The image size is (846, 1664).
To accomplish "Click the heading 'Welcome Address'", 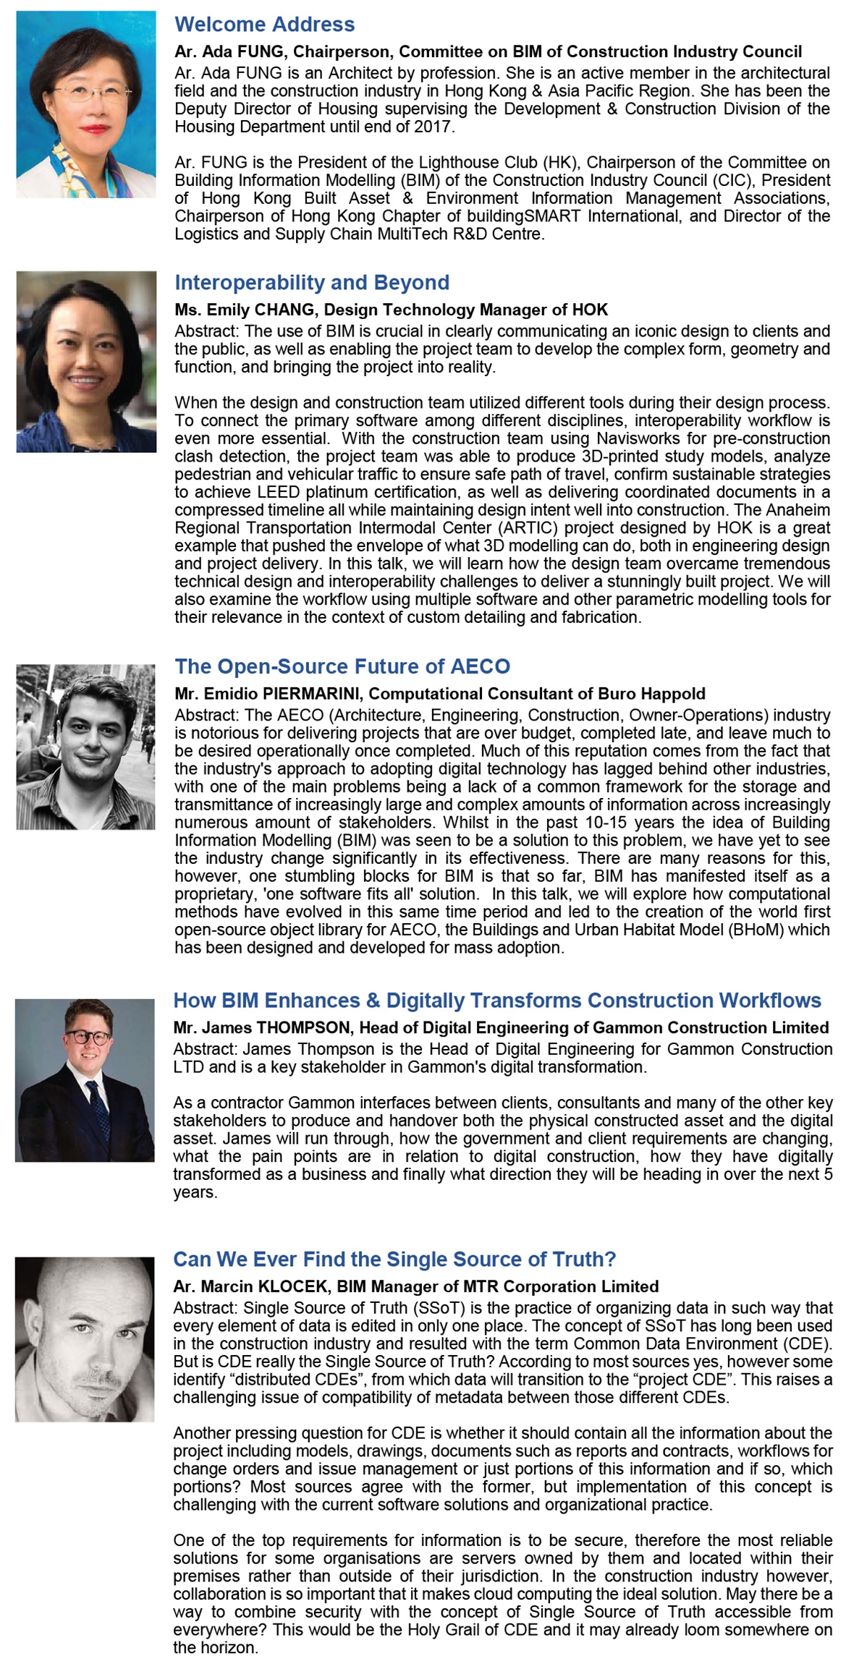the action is point(264,25).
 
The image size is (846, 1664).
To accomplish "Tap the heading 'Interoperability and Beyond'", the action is point(312,283).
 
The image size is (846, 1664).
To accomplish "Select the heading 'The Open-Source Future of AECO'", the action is point(342,666).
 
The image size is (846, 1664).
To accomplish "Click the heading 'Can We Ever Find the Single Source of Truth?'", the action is point(394,1260).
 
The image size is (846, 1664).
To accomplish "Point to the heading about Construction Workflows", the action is point(496,1001).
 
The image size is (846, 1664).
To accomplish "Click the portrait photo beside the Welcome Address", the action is point(86,104).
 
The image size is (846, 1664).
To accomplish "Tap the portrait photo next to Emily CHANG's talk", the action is point(86,362).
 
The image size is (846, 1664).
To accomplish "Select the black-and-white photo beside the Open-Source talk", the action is point(85,747).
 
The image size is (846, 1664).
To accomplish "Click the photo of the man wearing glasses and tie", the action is point(85,1080).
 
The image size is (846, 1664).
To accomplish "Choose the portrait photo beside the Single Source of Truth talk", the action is point(85,1339).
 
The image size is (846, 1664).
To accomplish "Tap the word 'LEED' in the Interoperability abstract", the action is point(278,492).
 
